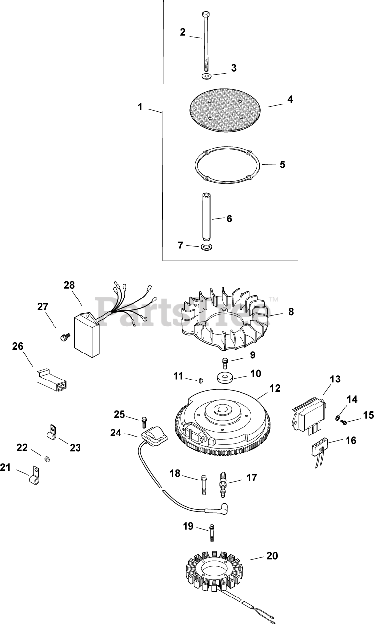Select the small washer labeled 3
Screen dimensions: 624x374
coord(205,77)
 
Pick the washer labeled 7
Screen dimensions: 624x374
coord(205,246)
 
